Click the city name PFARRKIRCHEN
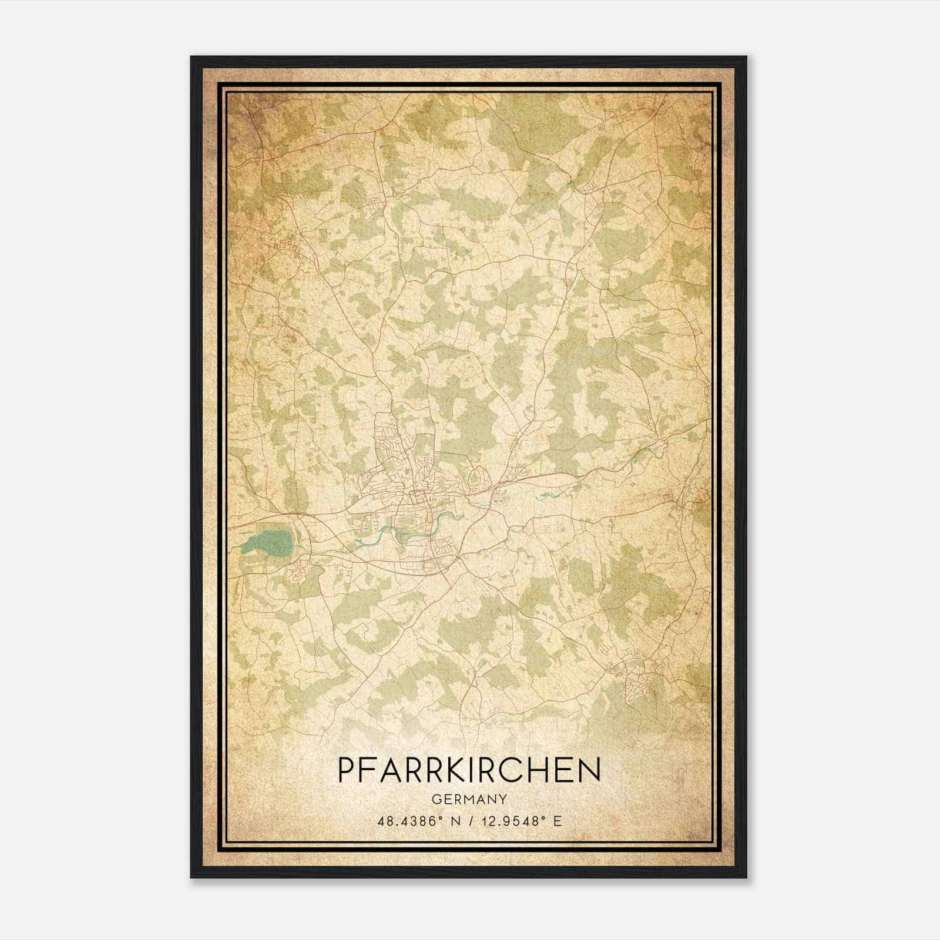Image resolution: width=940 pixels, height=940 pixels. pos(469,770)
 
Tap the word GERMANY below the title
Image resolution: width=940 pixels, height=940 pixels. pos(469,799)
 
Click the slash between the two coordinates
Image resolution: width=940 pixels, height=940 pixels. pos(468,821)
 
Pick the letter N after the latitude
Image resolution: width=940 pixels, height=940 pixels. pos(453,821)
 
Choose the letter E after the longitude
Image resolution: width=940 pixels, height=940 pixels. pos(558,821)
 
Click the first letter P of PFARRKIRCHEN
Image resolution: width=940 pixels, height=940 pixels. pos(347,770)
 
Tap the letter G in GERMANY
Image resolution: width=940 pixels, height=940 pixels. pos(435,799)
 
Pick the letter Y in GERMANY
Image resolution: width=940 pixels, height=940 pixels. pos(503,799)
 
